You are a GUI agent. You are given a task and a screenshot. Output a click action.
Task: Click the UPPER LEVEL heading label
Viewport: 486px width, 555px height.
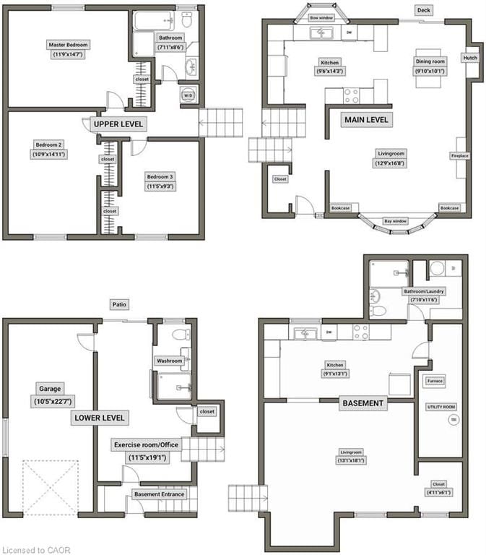point(119,124)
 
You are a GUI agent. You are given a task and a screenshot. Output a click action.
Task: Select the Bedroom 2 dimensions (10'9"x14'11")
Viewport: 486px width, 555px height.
point(49,154)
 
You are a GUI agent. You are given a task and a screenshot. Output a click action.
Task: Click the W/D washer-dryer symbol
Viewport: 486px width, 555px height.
point(188,95)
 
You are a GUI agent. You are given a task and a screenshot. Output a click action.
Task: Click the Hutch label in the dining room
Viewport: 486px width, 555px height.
point(470,59)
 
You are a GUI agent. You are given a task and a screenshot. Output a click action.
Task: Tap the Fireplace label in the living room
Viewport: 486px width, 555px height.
point(459,156)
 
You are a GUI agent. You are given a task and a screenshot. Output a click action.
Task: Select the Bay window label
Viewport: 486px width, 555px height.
point(395,220)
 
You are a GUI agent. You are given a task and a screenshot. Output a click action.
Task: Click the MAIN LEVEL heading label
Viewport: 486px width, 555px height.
point(366,119)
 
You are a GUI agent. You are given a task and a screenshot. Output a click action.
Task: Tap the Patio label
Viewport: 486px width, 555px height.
point(119,305)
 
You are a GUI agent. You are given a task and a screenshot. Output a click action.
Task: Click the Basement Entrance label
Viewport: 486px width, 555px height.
point(159,494)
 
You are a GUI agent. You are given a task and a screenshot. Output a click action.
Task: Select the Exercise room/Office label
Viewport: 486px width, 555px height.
point(147,445)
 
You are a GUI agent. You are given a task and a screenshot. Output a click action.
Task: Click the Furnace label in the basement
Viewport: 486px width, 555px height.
point(434,381)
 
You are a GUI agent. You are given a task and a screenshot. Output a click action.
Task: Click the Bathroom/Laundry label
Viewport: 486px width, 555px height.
point(424,291)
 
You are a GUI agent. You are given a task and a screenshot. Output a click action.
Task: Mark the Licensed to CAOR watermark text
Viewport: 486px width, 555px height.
point(36,549)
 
